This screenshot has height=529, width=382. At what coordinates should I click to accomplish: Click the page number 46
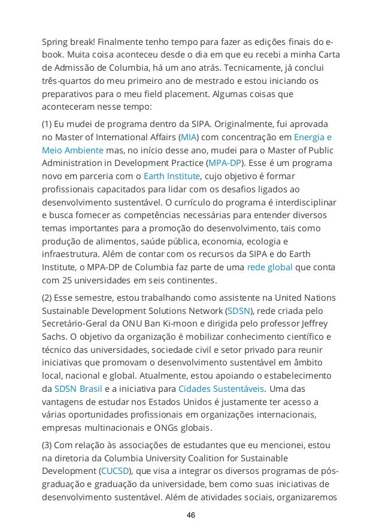[191, 515]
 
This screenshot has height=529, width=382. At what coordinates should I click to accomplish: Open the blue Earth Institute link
[171, 176]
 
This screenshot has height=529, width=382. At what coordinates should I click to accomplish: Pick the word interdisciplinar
[307, 202]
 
